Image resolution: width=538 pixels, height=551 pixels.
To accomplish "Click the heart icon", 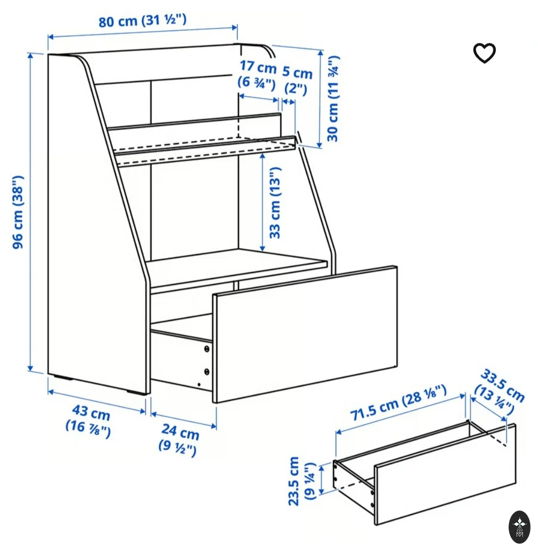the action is tap(484, 53).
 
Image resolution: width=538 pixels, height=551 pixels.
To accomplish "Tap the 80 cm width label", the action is tap(142, 21).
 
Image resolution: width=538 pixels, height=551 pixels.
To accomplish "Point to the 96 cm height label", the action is tap(18, 212).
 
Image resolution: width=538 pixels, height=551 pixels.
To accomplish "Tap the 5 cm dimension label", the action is tap(297, 81).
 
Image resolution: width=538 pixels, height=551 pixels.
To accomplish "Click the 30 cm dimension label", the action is tap(333, 98).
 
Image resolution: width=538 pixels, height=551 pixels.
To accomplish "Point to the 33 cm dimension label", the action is tap(274, 203).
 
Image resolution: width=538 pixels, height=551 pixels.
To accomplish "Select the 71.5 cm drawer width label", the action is tap(399, 402).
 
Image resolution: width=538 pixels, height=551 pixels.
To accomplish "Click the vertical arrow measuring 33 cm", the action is tap(262, 202).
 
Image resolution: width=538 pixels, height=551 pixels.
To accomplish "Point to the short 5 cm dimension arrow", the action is tap(289, 101).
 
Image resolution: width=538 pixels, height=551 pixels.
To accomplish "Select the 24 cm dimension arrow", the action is tap(184, 420).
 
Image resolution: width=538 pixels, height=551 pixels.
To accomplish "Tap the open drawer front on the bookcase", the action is tap(305, 334).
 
